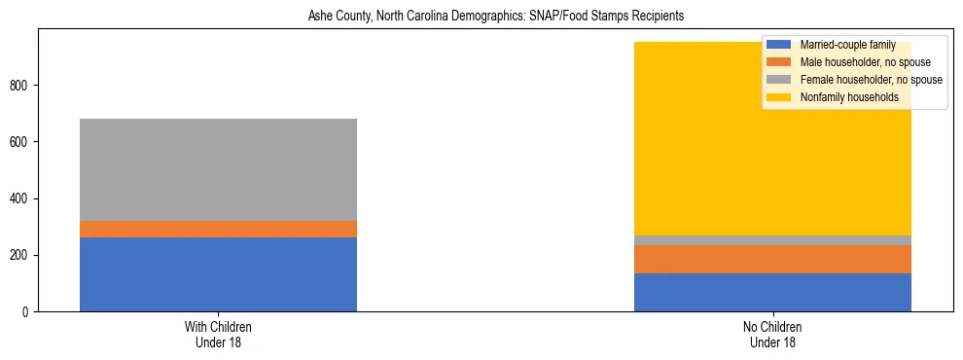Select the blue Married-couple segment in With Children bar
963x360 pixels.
click(x=218, y=274)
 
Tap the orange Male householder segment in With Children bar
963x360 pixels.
click(x=218, y=229)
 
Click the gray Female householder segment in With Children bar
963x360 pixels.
click(x=218, y=169)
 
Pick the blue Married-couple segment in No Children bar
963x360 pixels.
click(x=772, y=292)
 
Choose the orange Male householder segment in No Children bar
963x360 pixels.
click(x=772, y=259)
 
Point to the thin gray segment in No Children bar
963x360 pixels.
click(x=772, y=240)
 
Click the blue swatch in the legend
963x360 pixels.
click(x=779, y=45)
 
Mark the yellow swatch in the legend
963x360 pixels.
click(x=779, y=97)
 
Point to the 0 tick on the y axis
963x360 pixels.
click(x=29, y=311)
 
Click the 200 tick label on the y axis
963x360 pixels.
click(x=23, y=255)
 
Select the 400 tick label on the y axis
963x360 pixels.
click(x=23, y=198)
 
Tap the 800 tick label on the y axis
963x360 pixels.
click(x=23, y=86)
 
